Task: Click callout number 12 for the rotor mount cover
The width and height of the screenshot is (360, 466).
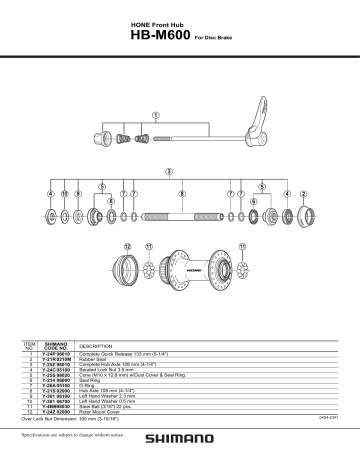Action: [x=127, y=245]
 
